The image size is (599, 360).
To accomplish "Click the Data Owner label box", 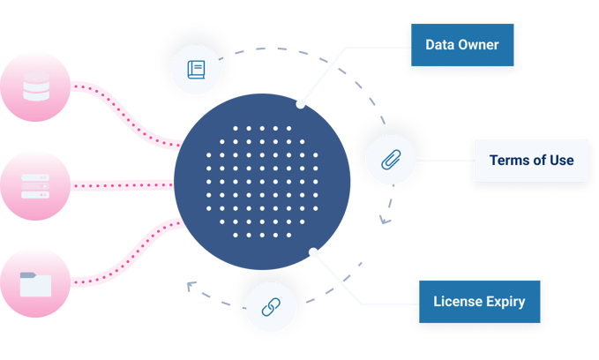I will point(461,46).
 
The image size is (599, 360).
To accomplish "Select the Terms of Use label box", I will point(531,160).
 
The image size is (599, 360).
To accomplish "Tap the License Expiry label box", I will point(479,302).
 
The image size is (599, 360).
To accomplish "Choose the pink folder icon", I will point(36,283).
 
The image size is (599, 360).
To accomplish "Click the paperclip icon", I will point(389,160).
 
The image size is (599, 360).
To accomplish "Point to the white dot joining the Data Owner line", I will point(301,103).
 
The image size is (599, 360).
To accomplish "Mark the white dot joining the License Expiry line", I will point(313,253).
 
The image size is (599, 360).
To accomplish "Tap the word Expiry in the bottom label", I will point(503,302).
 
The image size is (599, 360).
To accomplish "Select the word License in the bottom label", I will point(455,302).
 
